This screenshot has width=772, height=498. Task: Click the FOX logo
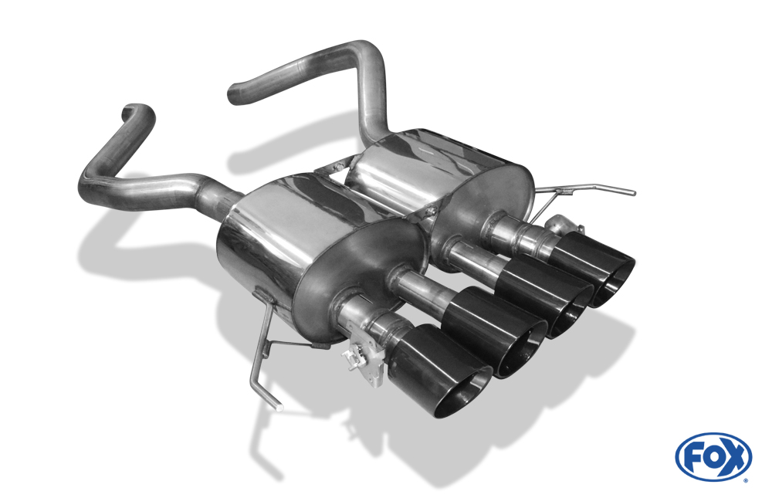(x=713, y=457)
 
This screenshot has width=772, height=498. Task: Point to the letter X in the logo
(x=734, y=458)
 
